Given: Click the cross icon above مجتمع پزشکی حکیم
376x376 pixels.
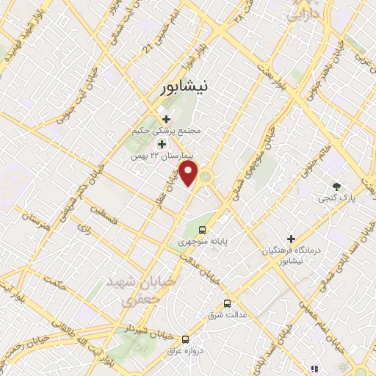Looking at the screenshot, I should click(166, 119).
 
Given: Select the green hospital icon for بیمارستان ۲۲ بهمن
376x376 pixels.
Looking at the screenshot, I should click(161, 143).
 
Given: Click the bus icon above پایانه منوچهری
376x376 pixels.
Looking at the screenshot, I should click(203, 228).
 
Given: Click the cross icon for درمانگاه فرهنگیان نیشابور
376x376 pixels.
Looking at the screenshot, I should click(291, 239).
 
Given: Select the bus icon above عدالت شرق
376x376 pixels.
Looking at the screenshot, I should click(227, 303).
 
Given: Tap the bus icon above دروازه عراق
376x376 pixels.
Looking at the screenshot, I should click(185, 340).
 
